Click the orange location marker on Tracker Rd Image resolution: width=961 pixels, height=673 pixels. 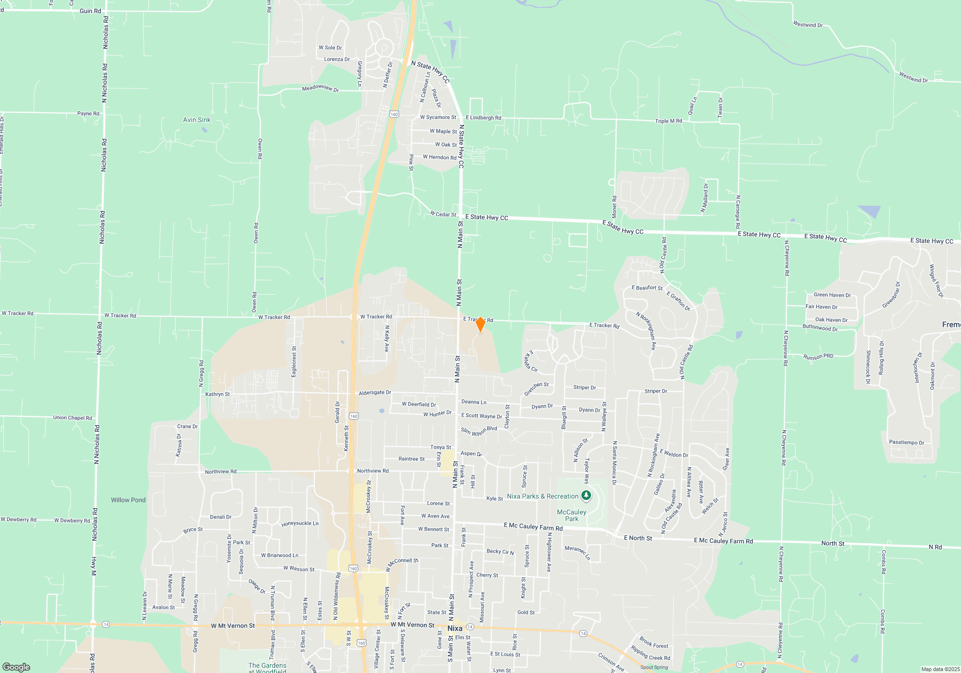(x=480, y=324)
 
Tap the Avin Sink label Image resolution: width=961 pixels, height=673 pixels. (x=197, y=120)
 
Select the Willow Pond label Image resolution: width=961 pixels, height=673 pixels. (x=128, y=500)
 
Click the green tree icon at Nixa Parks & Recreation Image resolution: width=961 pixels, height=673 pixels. (x=586, y=495)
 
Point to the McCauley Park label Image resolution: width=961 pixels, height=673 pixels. (x=571, y=515)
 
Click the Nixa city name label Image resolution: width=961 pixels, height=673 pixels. (x=455, y=628)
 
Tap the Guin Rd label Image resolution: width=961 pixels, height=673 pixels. (x=90, y=11)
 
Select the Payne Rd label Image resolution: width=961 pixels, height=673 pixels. (x=88, y=113)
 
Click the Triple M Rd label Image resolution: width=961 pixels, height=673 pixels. (x=668, y=121)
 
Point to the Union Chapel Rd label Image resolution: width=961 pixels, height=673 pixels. (x=73, y=418)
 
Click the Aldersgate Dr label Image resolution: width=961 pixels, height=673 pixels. (x=375, y=393)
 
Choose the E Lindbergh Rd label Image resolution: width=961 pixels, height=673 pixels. (x=483, y=118)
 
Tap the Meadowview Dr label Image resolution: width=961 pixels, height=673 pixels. (x=320, y=88)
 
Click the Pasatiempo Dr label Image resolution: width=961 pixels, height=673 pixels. (x=906, y=442)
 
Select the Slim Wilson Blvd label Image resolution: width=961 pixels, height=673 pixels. (x=479, y=431)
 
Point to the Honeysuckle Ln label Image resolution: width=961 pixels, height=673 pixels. (x=300, y=523)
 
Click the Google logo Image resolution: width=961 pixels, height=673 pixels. (x=16, y=667)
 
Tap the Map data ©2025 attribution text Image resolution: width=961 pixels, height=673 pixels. (x=940, y=669)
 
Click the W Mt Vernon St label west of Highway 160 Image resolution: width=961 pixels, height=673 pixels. (x=233, y=626)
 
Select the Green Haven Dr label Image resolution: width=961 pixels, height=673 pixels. (x=832, y=295)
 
